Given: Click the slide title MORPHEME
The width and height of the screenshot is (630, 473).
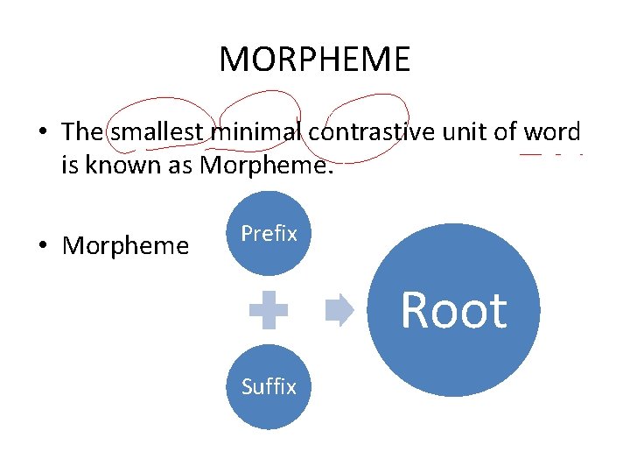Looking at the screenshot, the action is (x=314, y=60).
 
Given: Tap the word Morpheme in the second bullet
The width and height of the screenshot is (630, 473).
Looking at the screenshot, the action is (x=125, y=246).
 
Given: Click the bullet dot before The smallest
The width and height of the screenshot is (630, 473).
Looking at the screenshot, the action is (x=42, y=133).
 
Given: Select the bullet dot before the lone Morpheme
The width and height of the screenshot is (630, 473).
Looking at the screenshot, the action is (x=42, y=246).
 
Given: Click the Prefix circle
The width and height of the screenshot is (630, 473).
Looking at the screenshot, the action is (x=269, y=234).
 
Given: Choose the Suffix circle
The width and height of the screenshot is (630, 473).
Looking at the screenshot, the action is (x=269, y=386).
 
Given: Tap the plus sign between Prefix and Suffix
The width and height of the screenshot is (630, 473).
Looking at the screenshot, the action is (x=269, y=310).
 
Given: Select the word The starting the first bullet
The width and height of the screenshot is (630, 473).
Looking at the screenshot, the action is (x=82, y=132).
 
